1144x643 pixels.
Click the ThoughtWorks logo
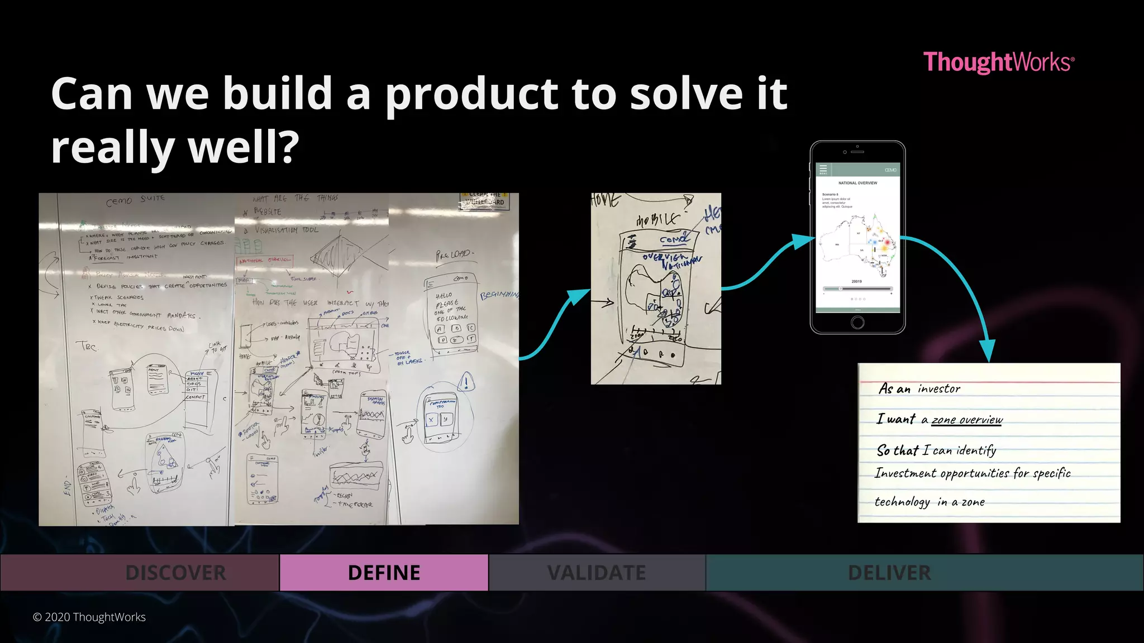click(998, 62)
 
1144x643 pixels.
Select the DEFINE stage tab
click(384, 573)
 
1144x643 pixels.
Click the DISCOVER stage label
click(175, 573)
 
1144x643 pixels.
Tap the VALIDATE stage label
click(596, 573)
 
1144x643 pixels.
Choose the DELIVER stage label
click(889, 573)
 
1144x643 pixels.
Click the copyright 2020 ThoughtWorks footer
click(89, 617)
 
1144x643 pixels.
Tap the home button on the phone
click(857, 322)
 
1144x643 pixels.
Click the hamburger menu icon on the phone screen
click(823, 169)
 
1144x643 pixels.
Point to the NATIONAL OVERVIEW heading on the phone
click(857, 183)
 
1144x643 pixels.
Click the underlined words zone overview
click(967, 420)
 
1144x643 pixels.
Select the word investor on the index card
click(939, 389)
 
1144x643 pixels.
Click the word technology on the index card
click(902, 502)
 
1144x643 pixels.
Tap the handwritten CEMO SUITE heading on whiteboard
click(136, 199)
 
